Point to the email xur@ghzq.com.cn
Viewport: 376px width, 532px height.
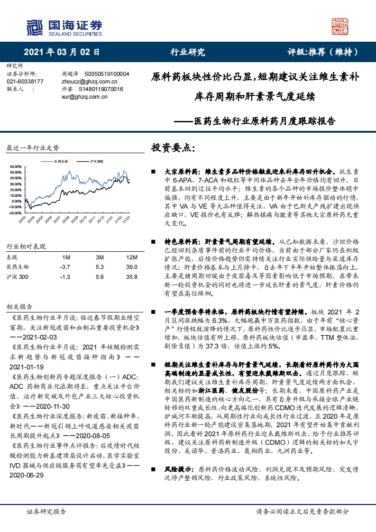point(81,96)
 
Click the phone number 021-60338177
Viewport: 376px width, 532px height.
point(25,82)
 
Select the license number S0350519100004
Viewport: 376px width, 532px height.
point(107,74)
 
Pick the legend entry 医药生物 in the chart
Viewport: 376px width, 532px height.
point(61,162)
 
